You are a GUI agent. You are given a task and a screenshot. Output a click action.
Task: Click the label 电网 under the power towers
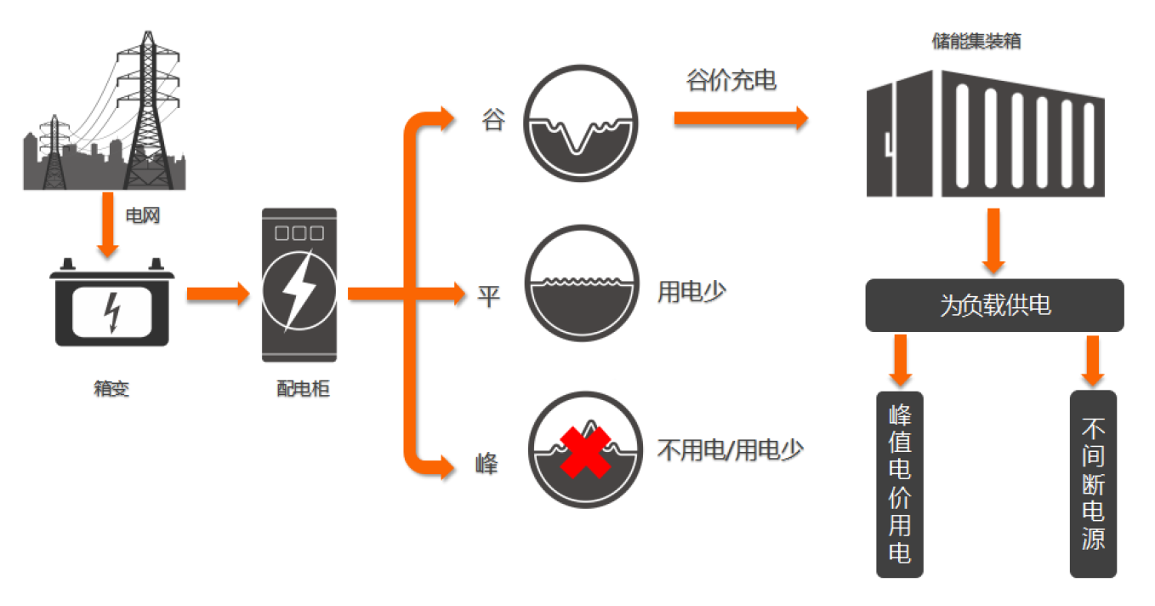(142, 216)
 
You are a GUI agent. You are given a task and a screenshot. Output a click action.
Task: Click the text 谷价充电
(731, 82)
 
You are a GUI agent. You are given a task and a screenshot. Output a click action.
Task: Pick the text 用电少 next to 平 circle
(691, 292)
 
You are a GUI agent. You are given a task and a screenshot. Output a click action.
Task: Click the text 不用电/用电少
(730, 449)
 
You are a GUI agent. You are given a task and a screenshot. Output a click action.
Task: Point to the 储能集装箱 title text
(976, 41)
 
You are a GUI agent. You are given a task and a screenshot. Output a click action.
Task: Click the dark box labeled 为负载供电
(994, 306)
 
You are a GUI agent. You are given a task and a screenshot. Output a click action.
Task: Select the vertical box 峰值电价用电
(899, 483)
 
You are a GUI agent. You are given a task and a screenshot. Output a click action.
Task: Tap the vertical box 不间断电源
(1093, 483)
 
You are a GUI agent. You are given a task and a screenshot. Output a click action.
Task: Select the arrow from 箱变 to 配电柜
(218, 294)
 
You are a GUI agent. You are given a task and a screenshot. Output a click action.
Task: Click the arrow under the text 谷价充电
(740, 117)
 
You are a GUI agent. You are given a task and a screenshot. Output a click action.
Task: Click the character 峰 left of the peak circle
(486, 465)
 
